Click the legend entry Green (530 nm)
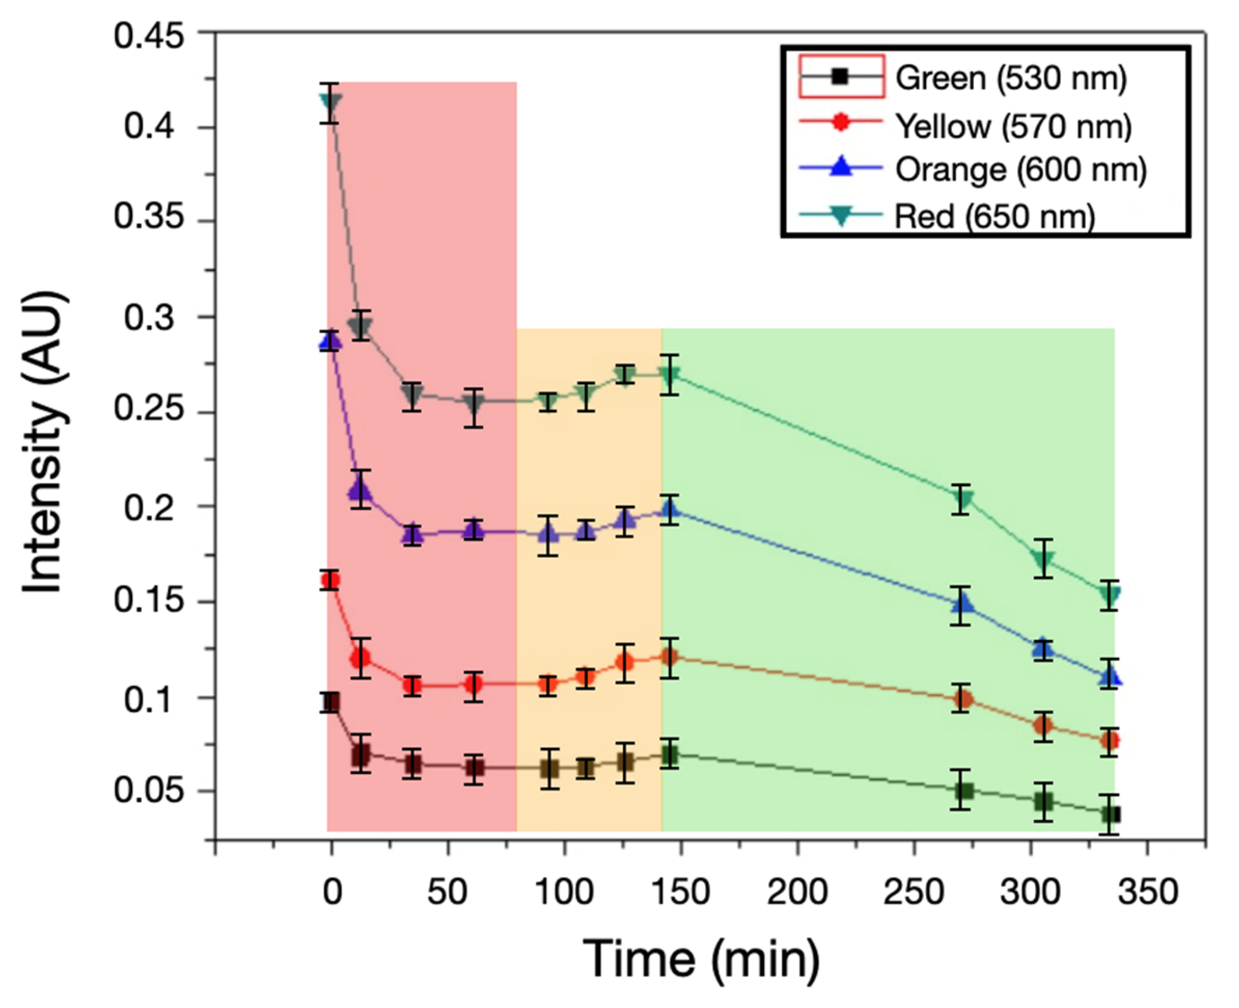click(1010, 78)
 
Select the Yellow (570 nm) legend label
click(1013, 125)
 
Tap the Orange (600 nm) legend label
click(1021, 169)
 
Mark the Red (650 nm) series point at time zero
click(330, 102)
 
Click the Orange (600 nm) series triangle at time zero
click(330, 342)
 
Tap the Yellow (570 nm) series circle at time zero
click(330, 580)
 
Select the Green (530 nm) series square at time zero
click(331, 702)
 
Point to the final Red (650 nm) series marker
click(1109, 595)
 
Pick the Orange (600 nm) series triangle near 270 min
click(962, 605)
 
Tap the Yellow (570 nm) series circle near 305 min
click(1043, 726)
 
